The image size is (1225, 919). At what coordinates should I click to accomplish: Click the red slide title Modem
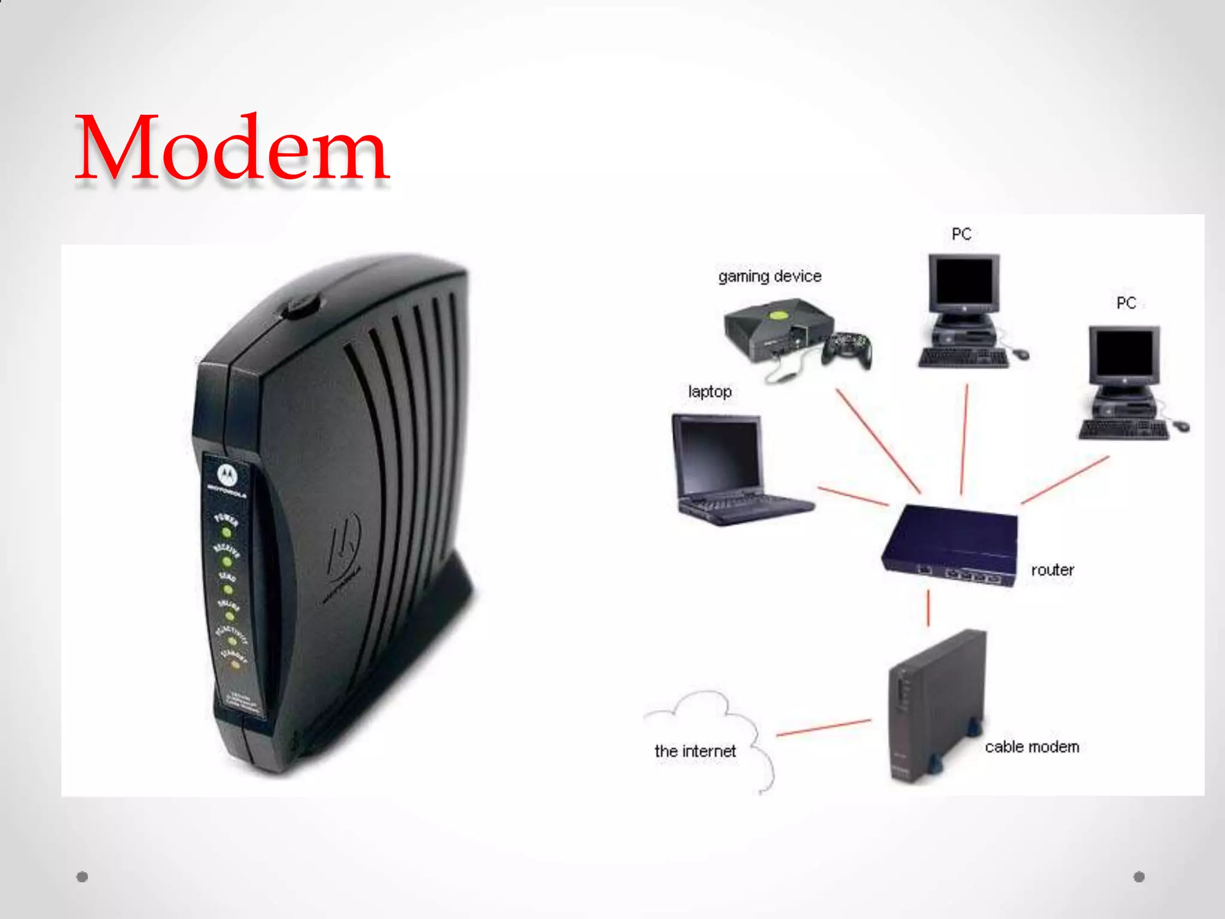point(232,148)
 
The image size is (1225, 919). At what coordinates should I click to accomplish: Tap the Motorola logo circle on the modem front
point(227,475)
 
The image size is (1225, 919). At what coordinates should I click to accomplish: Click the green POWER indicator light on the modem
point(227,532)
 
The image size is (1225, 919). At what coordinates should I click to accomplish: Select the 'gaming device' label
point(770,276)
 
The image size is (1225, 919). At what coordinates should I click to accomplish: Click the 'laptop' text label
point(710,392)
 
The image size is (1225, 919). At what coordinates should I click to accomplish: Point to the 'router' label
point(1052,570)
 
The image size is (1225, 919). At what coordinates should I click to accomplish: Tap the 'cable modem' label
point(1032,747)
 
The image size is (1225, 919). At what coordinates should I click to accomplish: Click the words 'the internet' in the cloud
point(695,751)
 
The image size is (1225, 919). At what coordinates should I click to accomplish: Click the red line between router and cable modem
point(928,608)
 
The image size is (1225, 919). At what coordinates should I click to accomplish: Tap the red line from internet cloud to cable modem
point(824,728)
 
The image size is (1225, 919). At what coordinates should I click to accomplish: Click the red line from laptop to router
point(852,496)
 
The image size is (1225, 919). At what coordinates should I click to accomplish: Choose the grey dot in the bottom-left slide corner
point(83,877)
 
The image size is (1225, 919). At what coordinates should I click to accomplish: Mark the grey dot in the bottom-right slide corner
point(1139,877)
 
